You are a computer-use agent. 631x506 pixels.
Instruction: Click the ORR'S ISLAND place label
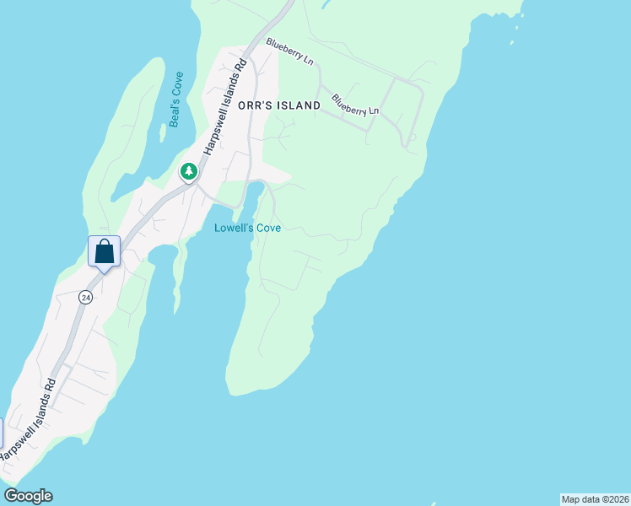tap(279, 105)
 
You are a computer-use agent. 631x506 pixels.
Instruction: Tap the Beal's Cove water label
tap(176, 100)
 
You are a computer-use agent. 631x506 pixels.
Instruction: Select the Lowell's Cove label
tap(247, 228)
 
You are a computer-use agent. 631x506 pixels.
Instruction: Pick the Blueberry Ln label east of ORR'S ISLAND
tap(355, 104)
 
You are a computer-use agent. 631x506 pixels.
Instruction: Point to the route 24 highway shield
tap(86, 297)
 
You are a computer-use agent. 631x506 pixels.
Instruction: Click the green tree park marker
tap(189, 171)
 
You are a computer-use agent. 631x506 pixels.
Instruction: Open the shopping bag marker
tap(104, 251)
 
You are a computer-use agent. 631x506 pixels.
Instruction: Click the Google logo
tap(28, 496)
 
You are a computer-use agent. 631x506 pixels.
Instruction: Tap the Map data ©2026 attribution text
tap(595, 499)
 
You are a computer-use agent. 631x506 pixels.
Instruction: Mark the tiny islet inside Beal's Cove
tap(162, 133)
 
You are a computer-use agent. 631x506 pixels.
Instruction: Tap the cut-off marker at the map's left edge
tap(1, 433)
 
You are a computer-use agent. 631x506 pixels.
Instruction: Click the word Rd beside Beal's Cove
tap(242, 65)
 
